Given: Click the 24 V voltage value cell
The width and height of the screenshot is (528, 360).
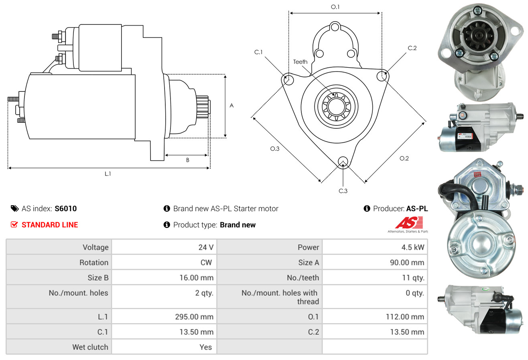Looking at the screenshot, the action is [x=206, y=247].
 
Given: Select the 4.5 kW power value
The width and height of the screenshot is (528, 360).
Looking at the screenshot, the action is [x=413, y=247].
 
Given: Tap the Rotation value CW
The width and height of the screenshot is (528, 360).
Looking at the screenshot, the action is [x=206, y=262].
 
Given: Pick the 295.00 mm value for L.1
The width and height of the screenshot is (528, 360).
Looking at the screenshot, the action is [x=194, y=317].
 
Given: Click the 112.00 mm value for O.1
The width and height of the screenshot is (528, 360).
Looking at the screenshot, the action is [x=405, y=317].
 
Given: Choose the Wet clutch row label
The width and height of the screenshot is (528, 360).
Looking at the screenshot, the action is [x=90, y=347].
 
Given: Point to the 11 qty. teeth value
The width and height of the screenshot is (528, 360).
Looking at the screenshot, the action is [x=413, y=278].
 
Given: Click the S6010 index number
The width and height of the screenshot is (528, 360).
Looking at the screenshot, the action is [x=65, y=208].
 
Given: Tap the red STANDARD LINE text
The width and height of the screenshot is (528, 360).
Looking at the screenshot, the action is [x=50, y=225].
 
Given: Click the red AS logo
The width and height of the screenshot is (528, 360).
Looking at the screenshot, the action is [x=409, y=223].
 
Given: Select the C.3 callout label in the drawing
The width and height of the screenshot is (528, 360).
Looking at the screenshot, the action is [x=343, y=191].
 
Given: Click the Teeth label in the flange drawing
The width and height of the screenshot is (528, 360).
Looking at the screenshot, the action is [x=300, y=62].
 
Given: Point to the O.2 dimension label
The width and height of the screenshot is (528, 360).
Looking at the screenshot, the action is [x=404, y=158].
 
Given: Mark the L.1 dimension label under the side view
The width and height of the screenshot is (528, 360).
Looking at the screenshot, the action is [x=108, y=174].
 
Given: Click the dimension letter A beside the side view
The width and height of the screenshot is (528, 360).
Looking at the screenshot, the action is [x=232, y=105].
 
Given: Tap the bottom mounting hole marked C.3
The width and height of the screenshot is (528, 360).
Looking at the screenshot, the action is [x=343, y=162].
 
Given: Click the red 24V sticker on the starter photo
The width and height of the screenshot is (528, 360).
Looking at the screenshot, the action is [x=477, y=174].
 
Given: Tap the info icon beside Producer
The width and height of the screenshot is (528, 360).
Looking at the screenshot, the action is [x=367, y=208].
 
